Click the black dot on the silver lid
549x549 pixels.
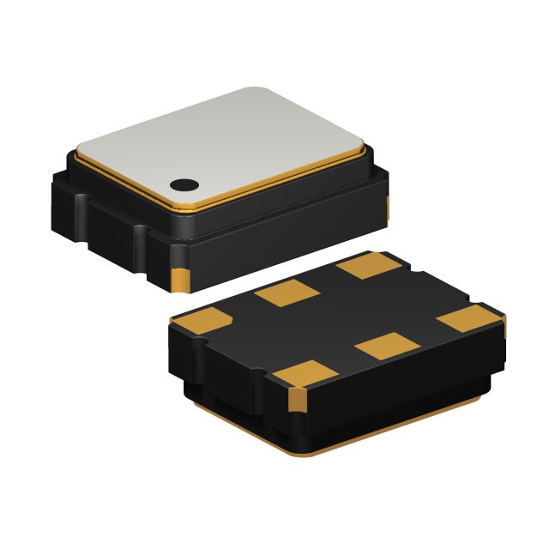point(183,183)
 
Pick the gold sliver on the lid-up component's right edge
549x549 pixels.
point(387,206)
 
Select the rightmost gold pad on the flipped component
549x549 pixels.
point(471,317)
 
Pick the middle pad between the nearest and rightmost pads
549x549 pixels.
point(386,347)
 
